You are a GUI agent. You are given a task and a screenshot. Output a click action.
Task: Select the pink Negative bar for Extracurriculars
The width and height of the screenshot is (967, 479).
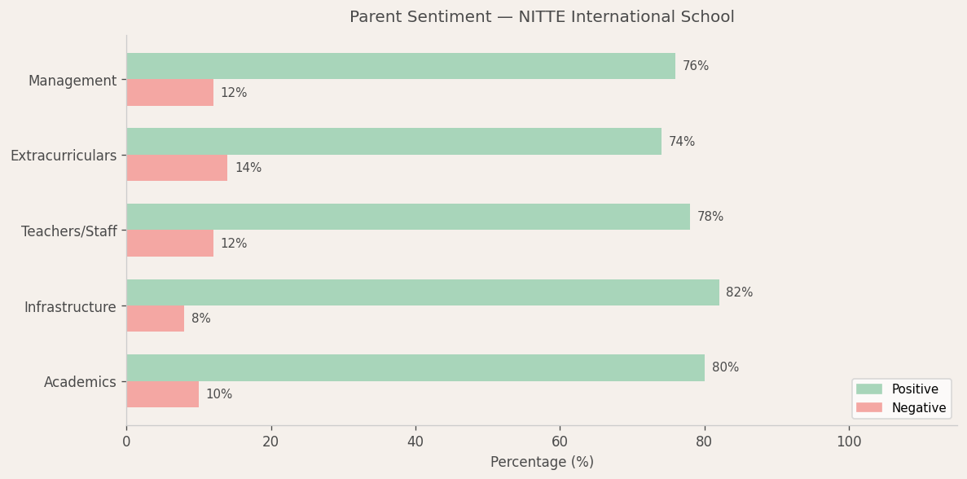(x=177, y=168)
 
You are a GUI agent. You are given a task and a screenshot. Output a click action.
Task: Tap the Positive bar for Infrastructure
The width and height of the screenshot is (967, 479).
(x=423, y=292)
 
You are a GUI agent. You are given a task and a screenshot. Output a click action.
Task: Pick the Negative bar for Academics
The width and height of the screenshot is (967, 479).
(x=162, y=394)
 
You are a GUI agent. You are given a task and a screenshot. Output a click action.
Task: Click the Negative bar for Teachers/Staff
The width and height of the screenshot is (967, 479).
(x=169, y=244)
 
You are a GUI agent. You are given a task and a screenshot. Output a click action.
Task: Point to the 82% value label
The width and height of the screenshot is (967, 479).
(x=739, y=292)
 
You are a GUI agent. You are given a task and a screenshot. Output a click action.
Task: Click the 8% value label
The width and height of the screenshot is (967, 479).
(x=200, y=319)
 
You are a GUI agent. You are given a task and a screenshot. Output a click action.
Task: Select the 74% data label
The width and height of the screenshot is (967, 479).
(x=682, y=142)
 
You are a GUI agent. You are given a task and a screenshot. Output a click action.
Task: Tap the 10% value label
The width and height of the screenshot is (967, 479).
(x=218, y=394)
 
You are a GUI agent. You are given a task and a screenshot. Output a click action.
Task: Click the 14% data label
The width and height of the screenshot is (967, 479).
(x=248, y=168)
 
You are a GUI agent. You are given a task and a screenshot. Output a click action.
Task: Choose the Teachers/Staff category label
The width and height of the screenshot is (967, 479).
(x=69, y=231)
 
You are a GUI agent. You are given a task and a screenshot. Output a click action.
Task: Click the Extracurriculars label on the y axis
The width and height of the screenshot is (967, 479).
(x=64, y=156)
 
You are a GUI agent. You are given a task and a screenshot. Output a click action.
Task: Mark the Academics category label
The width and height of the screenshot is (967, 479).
(x=80, y=382)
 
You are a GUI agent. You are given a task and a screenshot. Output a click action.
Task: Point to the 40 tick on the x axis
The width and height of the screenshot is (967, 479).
(x=415, y=442)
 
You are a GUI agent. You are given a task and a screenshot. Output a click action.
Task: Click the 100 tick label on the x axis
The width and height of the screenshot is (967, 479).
(x=849, y=442)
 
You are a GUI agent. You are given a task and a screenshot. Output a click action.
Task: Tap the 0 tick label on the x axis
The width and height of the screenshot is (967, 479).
(x=126, y=442)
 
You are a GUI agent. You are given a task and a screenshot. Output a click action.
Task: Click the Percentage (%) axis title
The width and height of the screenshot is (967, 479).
(x=542, y=462)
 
